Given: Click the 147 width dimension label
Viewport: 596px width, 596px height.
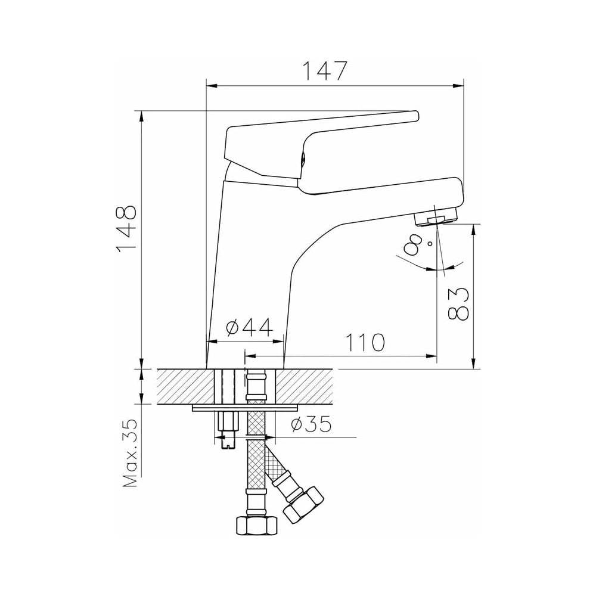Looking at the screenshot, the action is (x=325, y=70).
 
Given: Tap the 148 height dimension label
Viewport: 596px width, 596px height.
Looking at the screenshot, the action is (x=126, y=229).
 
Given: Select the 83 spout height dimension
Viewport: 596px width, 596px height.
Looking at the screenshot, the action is (x=458, y=303).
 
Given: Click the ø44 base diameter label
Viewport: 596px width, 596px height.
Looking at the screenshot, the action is (x=249, y=328).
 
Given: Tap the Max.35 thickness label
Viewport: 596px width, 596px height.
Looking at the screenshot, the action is (x=130, y=454).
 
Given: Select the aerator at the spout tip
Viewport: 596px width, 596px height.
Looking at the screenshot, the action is (x=436, y=219).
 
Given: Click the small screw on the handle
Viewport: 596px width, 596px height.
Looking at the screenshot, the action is (x=303, y=159).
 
